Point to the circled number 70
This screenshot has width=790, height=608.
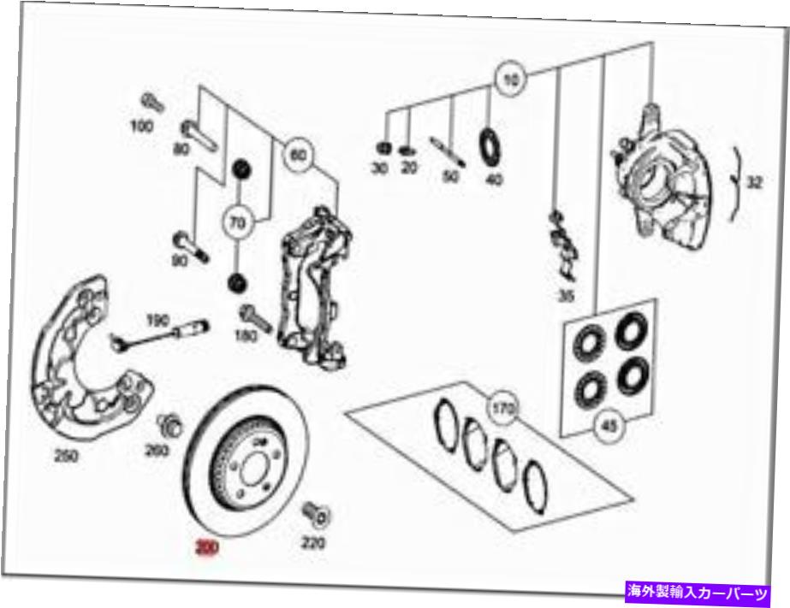tap(236, 222)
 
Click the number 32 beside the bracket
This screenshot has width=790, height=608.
tap(753, 183)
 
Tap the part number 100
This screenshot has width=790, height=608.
tap(142, 127)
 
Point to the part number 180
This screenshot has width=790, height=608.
tap(246, 336)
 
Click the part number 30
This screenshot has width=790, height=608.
tap(380, 168)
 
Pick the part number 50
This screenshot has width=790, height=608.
tap(451, 177)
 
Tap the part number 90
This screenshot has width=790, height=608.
tap(179, 261)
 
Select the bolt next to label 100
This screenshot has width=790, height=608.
tap(154, 103)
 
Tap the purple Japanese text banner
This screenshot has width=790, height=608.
tap(696, 592)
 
